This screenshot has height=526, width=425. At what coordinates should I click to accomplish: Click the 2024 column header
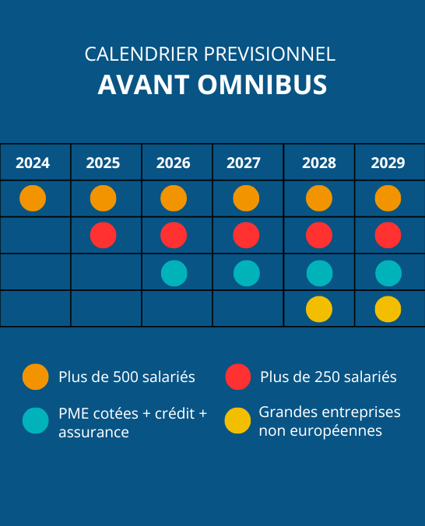[x=33, y=163]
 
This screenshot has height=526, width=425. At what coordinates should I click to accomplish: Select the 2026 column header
[x=174, y=163]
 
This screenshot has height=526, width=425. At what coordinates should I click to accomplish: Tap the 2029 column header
[x=388, y=163]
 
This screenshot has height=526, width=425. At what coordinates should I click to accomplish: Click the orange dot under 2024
[x=33, y=198]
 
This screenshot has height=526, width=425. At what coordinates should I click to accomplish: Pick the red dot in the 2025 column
[x=103, y=235]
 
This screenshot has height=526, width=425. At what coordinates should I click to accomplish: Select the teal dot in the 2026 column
[x=174, y=273]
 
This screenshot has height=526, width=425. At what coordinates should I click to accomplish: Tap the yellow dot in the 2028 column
[x=319, y=310]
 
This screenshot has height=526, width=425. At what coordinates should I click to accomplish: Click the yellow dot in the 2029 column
[x=388, y=310]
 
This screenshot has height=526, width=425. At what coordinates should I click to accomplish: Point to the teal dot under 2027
[x=246, y=273]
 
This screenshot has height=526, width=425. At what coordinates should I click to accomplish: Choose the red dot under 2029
[x=388, y=235]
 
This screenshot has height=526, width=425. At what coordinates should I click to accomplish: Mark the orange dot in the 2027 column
[x=246, y=198]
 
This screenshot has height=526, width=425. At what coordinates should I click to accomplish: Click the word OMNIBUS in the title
[x=263, y=86]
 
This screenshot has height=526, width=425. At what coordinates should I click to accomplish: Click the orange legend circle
[x=36, y=377]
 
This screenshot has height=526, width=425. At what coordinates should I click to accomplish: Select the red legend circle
[x=237, y=377]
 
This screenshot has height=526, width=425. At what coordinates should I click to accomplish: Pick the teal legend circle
[x=36, y=421]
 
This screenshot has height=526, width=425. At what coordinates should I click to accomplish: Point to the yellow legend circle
[x=237, y=421]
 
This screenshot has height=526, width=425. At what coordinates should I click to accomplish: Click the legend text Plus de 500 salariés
[x=126, y=377]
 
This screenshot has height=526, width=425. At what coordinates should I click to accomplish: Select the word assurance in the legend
[x=93, y=432]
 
